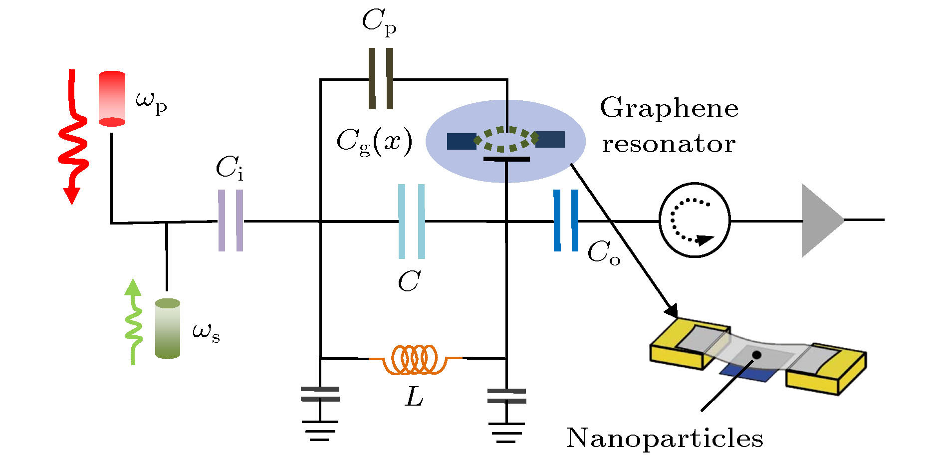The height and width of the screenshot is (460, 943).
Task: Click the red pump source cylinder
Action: coord(112,98)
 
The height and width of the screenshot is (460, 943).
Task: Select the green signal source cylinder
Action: coord(167,328)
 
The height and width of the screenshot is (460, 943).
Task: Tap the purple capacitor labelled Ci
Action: coord(231,221)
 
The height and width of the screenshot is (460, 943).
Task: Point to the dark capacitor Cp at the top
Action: coord(381,79)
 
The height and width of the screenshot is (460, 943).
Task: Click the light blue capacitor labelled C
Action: coord(412,222)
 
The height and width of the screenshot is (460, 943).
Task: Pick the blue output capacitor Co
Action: coord(566,221)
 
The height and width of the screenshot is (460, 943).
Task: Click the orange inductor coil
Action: coord(415,359)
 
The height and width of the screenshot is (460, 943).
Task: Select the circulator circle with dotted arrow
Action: coord(694,220)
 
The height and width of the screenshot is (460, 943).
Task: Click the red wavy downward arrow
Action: coord(73,140)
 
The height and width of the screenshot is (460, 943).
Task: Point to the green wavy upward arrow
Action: coord(133,322)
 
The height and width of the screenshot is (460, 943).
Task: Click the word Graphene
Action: coord(669,108)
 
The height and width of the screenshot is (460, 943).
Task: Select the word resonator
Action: coord(668,144)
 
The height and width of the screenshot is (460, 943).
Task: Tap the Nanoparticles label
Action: coord(664,439)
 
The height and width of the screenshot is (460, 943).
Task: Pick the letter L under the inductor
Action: coord(414,397)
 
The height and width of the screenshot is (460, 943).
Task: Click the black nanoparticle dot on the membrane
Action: coord(756,355)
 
